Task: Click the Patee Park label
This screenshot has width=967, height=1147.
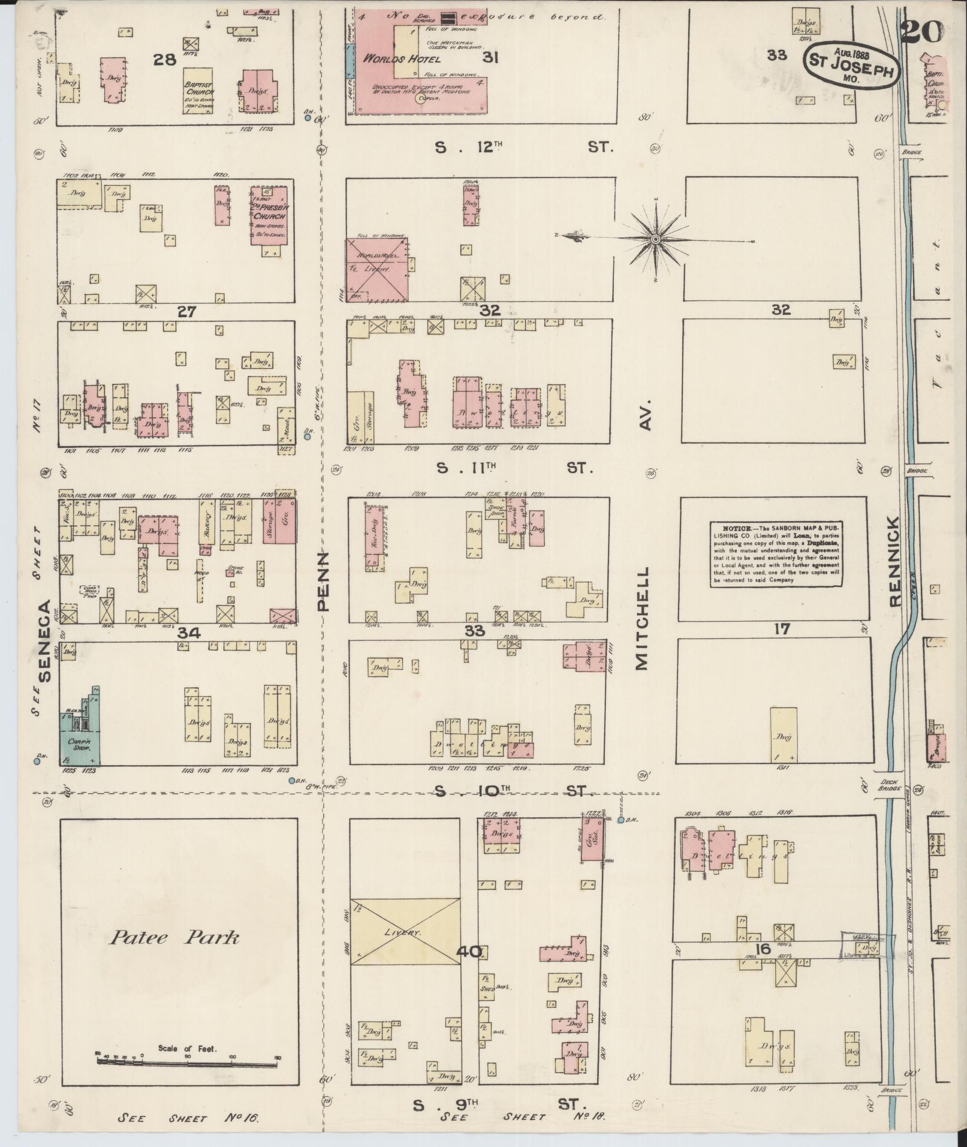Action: [174, 937]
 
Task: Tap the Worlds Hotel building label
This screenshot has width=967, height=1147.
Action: [402, 59]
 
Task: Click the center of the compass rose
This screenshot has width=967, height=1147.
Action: [656, 240]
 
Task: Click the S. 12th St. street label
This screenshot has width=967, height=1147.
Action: [522, 147]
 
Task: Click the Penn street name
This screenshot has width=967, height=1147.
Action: [323, 582]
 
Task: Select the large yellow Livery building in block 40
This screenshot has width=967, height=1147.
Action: [405, 931]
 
